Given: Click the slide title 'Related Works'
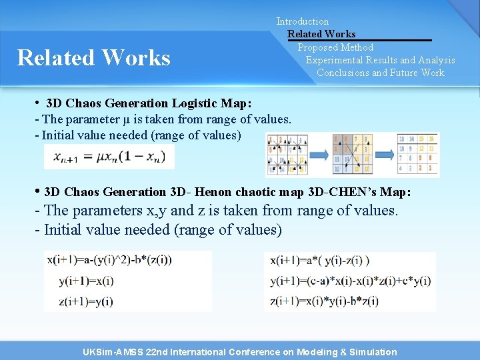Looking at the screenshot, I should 94,58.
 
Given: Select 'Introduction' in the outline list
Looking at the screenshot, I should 303,21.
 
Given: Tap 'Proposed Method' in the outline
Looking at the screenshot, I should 335,47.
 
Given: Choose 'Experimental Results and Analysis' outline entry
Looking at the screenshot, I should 380,60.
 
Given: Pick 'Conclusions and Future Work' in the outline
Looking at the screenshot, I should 380,73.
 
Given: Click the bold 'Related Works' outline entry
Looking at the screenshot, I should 321,34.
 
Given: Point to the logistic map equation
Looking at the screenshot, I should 109,157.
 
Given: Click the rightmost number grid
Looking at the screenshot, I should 418,154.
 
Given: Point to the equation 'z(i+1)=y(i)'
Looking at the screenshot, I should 86,301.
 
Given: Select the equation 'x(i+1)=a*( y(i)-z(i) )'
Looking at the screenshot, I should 320,261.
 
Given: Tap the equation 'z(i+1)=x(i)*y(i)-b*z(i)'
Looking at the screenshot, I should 325,301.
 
